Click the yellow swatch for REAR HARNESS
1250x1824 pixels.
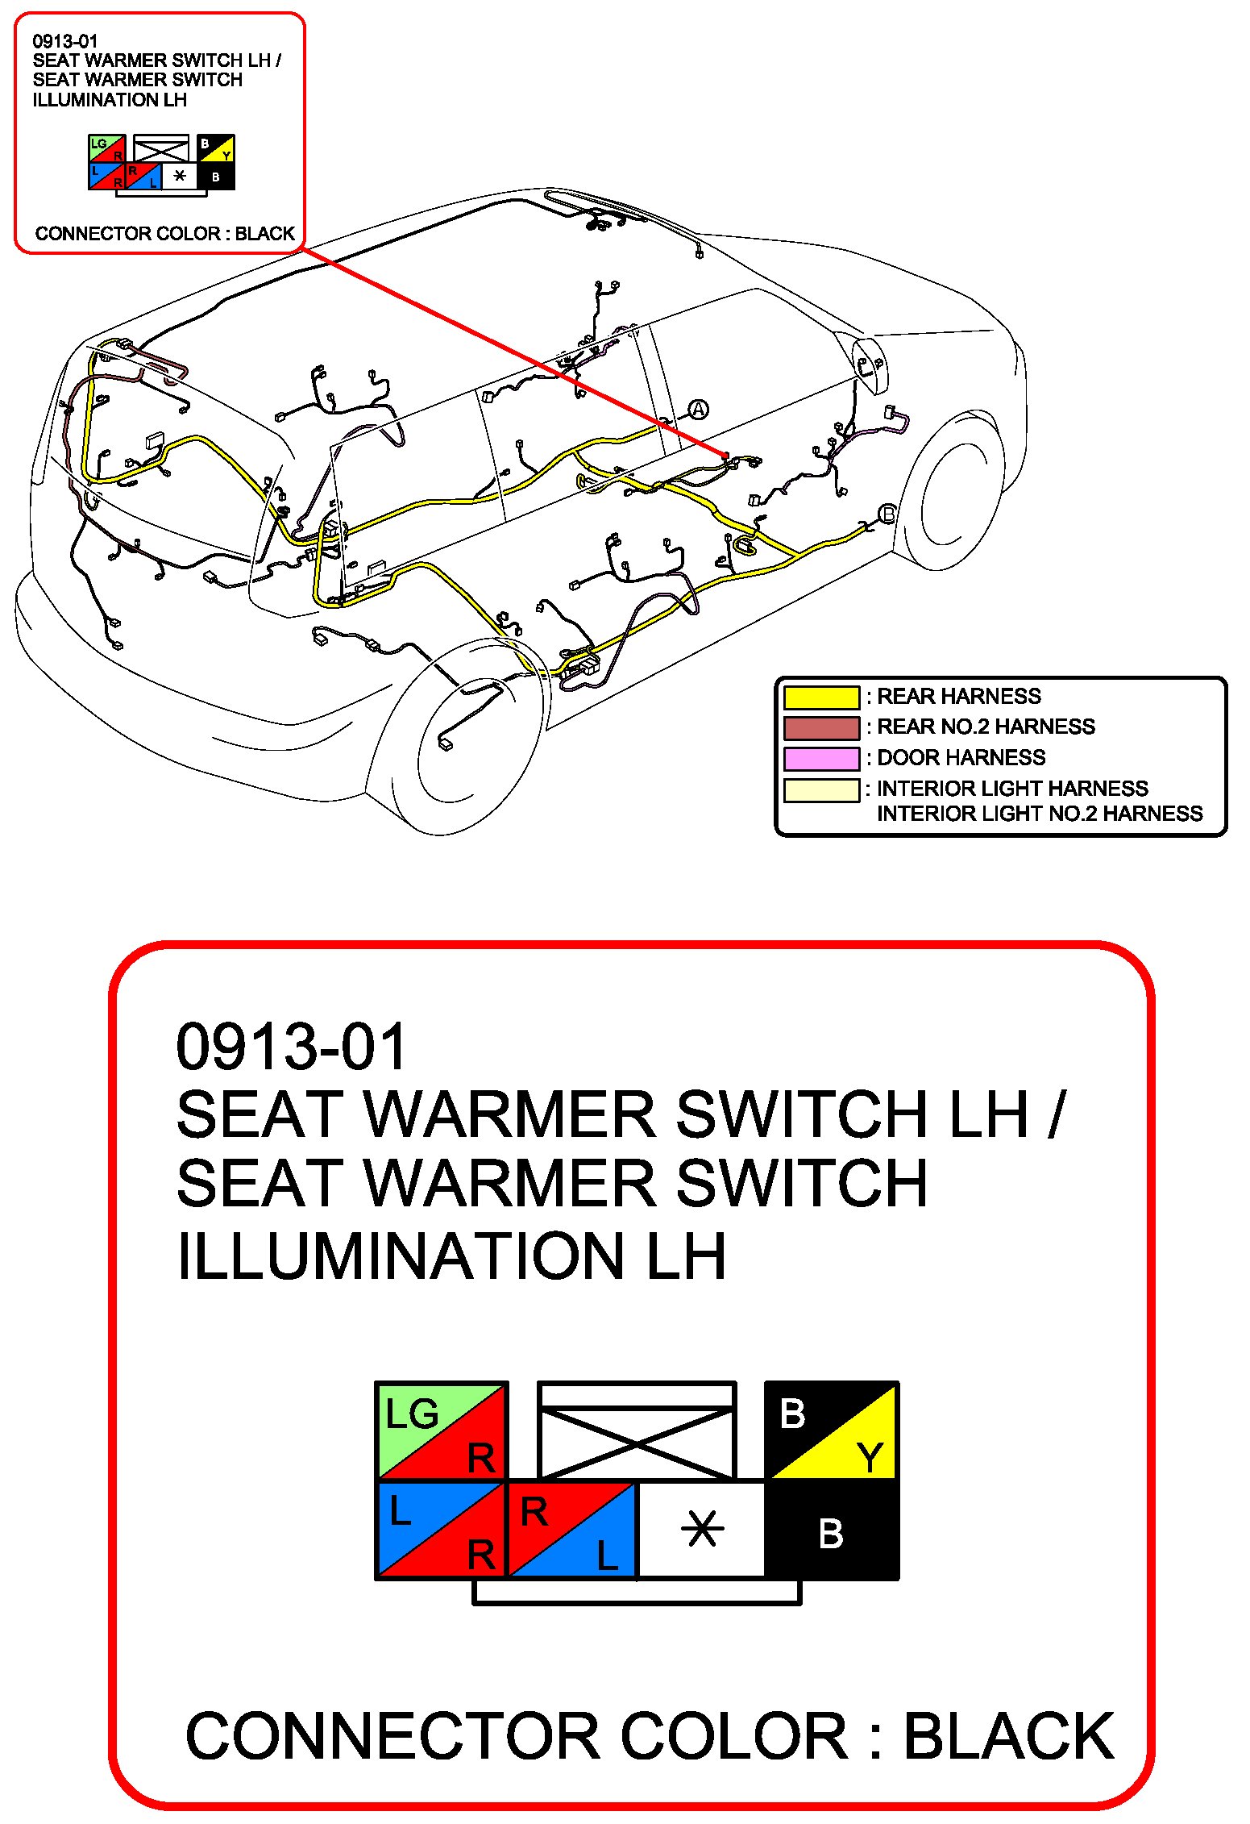pos(820,697)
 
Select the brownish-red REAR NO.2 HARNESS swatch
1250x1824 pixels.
pos(820,727)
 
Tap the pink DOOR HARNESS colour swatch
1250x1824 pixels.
pos(820,758)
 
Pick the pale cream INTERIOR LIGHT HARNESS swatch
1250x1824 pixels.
pos(820,789)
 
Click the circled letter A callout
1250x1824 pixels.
pos(698,410)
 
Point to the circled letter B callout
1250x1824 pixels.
pos(887,514)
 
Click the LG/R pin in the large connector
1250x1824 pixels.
pos(441,1431)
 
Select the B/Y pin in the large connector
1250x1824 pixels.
pos(831,1431)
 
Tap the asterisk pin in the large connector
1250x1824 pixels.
pos(702,1529)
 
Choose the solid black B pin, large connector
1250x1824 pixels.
pos(831,1530)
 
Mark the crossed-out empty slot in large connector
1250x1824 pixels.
pos(637,1434)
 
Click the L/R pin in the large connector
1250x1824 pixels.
pos(441,1529)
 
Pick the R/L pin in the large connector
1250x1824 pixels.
pos(571,1529)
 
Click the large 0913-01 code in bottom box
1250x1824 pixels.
pos(292,1047)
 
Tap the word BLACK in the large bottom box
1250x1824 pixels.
pos(1008,1735)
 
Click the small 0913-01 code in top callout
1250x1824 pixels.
pos(65,41)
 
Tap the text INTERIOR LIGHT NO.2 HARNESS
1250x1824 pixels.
pos(1039,814)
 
